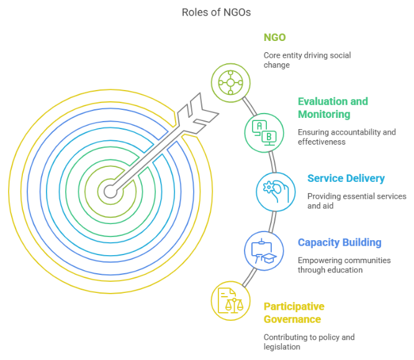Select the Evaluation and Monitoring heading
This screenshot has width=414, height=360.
click(333, 108)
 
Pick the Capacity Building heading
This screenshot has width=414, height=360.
click(340, 243)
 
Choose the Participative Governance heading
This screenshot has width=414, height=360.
click(294, 313)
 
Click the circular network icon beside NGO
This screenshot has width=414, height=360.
click(231, 83)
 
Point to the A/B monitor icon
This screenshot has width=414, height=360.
click(264, 132)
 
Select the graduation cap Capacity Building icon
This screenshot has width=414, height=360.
click(264, 251)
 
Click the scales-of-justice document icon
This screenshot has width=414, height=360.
click(232, 302)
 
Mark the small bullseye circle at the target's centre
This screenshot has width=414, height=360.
click(110, 191)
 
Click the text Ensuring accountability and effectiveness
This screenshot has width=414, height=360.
click(346, 137)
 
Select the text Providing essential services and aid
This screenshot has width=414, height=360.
click(356, 201)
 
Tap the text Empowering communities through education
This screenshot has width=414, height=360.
click(344, 265)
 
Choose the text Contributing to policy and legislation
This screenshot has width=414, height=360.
click(309, 342)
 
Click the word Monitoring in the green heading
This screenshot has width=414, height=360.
click(324, 115)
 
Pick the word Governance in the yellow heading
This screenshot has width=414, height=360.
click(292, 320)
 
